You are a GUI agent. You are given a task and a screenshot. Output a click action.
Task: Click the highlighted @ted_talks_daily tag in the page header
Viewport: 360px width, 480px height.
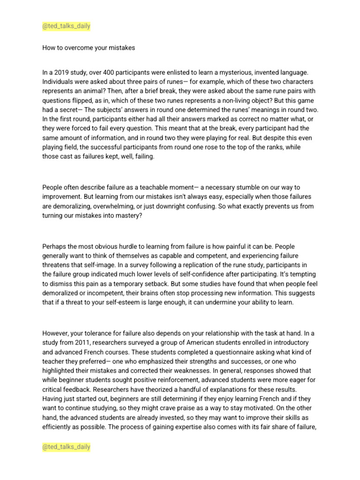66,26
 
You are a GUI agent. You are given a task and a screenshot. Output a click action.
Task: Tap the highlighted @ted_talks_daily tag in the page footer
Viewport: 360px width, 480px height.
66,447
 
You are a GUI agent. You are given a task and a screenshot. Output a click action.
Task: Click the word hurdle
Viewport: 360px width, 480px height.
127,247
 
